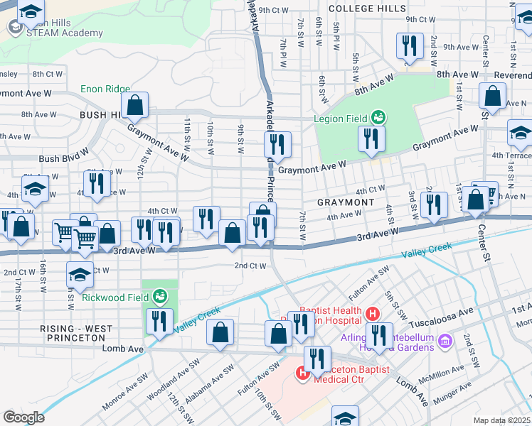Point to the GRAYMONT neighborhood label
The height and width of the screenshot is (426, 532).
(x=345, y=202)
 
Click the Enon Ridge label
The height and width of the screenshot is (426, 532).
(x=105, y=88)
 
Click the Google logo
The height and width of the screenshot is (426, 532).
(x=23, y=417)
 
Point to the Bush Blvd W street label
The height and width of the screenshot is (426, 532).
(x=64, y=158)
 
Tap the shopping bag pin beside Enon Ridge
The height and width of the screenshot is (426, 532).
(x=134, y=104)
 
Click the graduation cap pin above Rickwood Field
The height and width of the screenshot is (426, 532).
(x=80, y=274)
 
